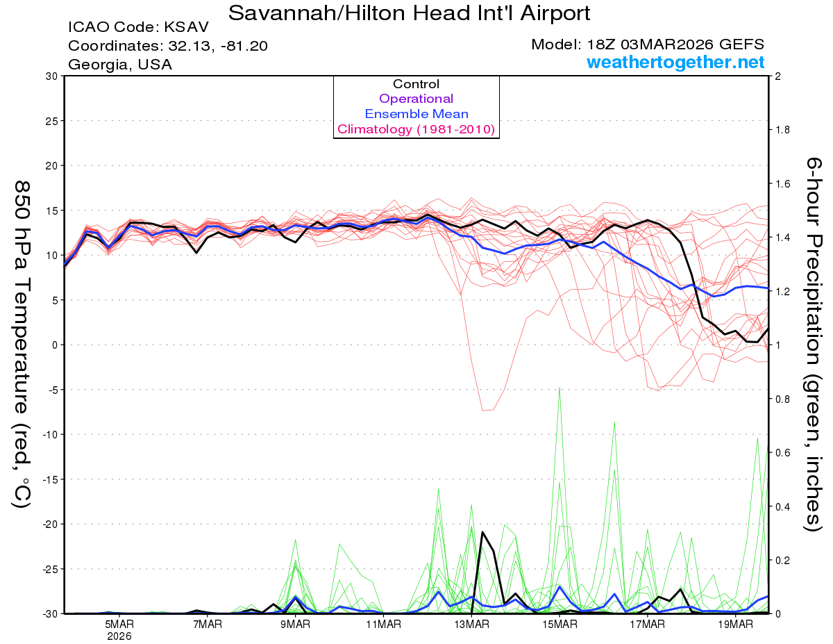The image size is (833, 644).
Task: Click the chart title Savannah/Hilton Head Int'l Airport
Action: [410, 13]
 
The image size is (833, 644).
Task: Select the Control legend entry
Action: [416, 84]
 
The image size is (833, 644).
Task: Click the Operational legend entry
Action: [416, 99]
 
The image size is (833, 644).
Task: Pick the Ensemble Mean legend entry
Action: [416, 114]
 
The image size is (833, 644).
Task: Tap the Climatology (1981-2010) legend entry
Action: [416, 129]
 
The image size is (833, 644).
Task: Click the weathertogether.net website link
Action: [675, 63]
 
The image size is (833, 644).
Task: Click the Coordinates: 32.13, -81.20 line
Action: [168, 46]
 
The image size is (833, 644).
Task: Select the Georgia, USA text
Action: [120, 65]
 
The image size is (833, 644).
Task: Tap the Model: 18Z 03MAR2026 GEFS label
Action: [648, 44]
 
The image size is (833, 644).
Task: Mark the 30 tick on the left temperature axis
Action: [51, 76]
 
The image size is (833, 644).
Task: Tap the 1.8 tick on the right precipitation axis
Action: [783, 130]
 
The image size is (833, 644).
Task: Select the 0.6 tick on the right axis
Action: [783, 453]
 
